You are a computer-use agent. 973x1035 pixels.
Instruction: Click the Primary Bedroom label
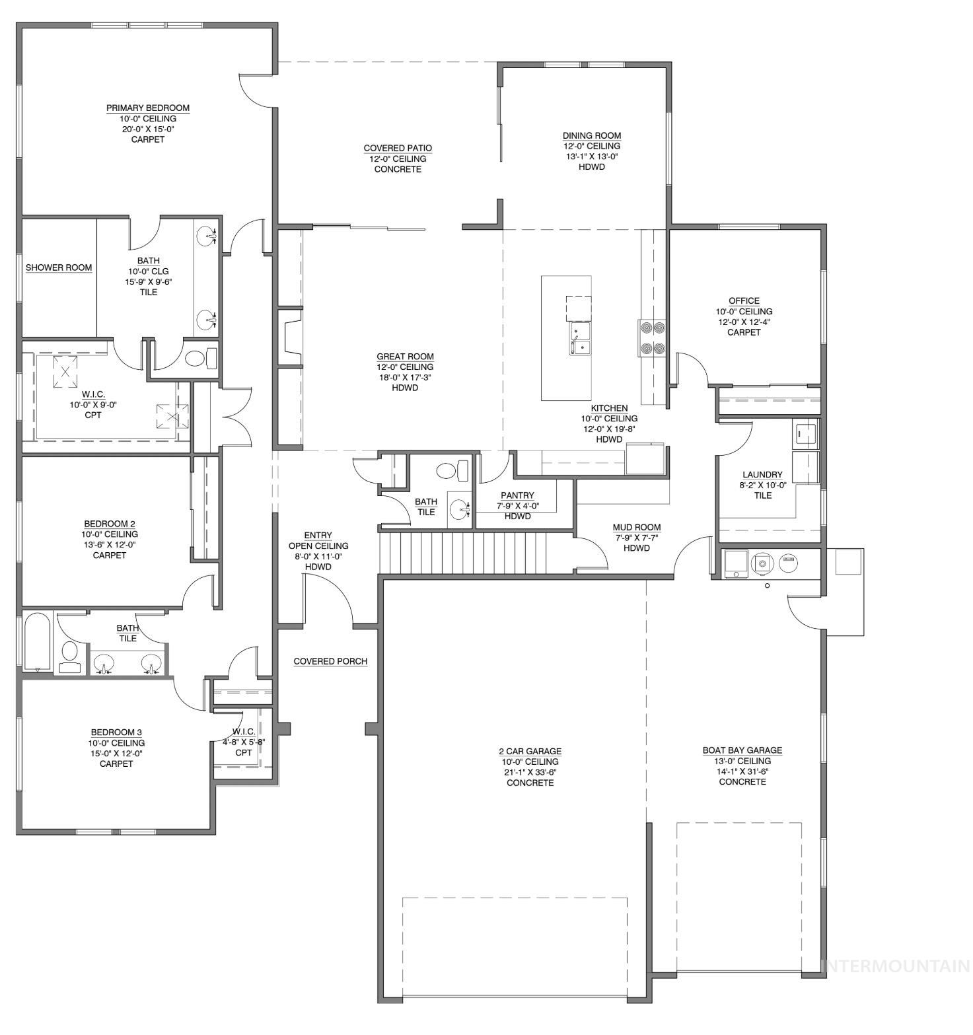point(148,108)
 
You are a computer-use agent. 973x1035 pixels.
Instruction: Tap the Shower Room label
point(59,268)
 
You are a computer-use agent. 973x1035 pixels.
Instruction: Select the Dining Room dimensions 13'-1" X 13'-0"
point(591,157)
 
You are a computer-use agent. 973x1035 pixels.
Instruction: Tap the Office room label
point(744,301)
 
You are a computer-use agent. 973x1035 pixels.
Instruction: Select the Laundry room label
point(762,474)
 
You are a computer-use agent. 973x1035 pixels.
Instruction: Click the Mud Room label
point(636,527)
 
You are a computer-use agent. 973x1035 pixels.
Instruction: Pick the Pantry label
point(517,495)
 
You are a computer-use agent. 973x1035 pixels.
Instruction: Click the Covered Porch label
point(330,661)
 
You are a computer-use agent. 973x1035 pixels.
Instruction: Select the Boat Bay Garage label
point(742,750)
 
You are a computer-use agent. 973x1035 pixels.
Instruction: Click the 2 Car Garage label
point(530,751)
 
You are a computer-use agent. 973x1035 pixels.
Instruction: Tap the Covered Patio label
point(398,148)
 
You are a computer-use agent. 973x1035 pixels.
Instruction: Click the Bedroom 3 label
point(116,732)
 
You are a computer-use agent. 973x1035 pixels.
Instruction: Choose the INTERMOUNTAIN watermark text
point(896,966)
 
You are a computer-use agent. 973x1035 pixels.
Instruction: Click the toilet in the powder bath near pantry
point(451,470)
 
